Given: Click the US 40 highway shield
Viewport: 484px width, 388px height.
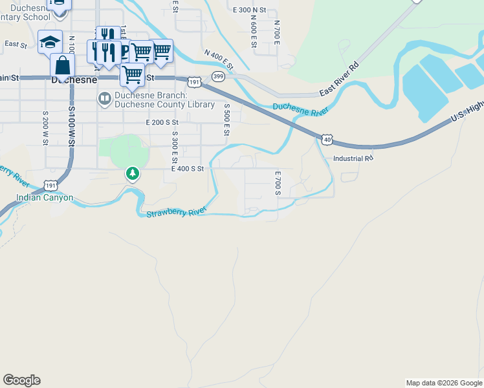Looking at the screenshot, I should coord(327,139).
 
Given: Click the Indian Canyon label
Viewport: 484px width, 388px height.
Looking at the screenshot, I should coord(45,198).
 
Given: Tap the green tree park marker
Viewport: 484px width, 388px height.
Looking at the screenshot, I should coord(133,173).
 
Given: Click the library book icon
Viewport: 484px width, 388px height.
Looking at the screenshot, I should coord(104,98).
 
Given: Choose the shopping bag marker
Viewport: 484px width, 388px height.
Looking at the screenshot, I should coord(63,66).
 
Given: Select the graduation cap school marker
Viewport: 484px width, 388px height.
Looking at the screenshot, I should coord(50,42).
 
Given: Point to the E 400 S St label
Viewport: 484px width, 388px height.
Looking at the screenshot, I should coord(188,168).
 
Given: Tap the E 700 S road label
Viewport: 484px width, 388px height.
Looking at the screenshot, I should coord(278,183).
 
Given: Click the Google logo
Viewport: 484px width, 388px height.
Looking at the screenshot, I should coord(21,380).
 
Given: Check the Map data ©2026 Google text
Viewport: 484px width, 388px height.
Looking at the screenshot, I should coord(444,383).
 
